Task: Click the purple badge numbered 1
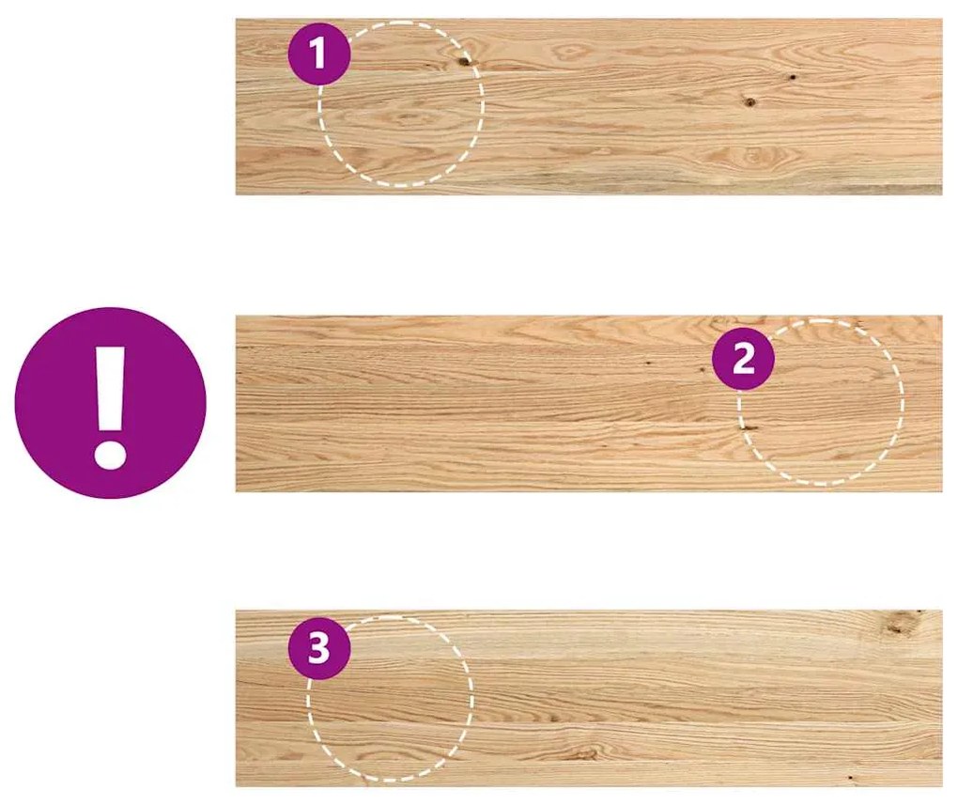coord(319,54)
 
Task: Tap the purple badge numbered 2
coord(743,359)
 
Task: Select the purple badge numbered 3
coord(319,648)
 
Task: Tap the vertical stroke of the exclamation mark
coord(111,389)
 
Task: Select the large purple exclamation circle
coord(110,403)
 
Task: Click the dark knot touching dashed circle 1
coord(464,60)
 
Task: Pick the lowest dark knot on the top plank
coord(750,102)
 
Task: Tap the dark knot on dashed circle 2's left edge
coord(749,427)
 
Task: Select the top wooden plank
coord(589,106)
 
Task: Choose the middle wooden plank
coord(589,403)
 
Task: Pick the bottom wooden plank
coord(589,698)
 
